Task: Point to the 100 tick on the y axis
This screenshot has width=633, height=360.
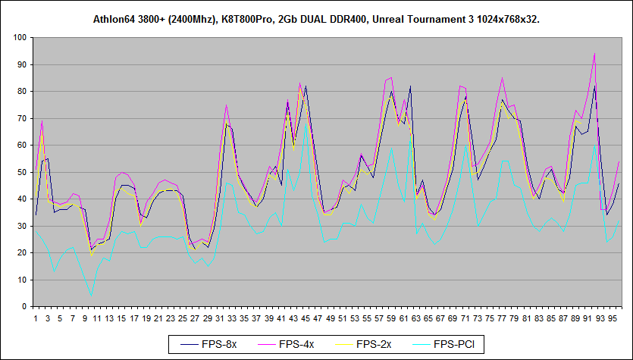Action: click(21, 37)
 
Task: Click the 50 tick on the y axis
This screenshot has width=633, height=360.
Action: click(23, 172)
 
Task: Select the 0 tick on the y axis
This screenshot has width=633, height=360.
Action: click(25, 307)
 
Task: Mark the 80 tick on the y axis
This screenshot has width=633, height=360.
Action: click(23, 91)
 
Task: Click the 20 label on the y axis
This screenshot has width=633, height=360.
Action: click(23, 253)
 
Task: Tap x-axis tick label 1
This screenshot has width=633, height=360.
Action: click(36, 318)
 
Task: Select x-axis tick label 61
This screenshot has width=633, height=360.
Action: click(404, 318)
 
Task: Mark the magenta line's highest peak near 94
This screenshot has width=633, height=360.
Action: click(594, 54)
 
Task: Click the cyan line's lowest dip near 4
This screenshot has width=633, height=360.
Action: click(91, 296)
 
